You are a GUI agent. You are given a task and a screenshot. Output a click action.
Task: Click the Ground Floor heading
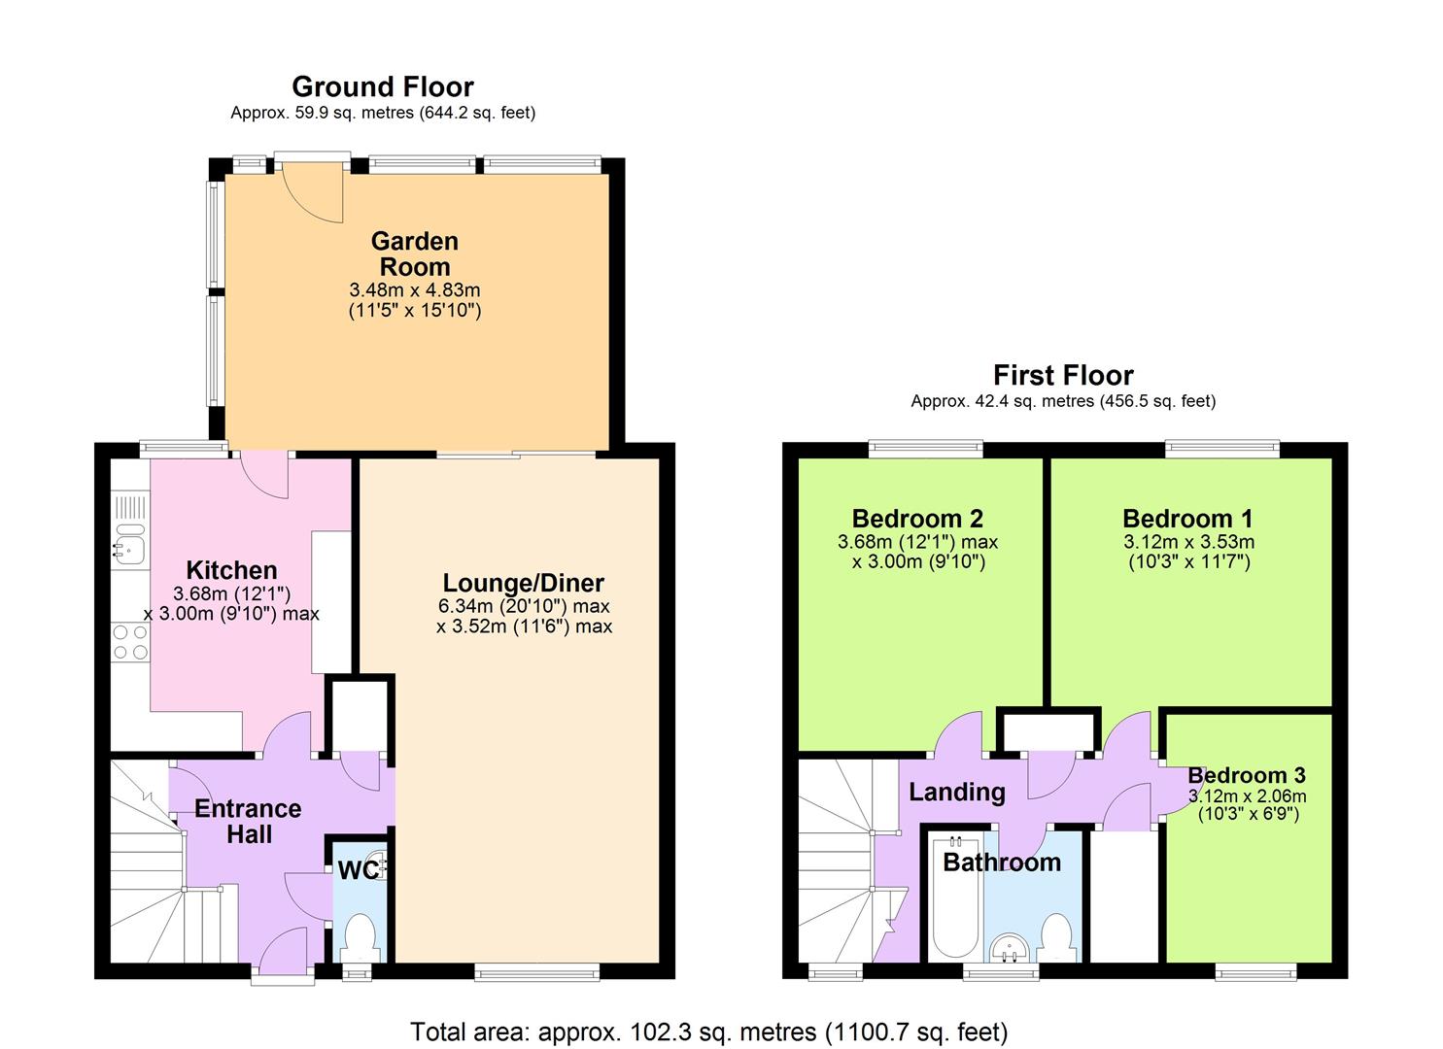coord(383,87)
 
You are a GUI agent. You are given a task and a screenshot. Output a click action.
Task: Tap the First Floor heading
coord(1063,376)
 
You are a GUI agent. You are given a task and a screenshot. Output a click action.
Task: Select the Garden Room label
coord(415,254)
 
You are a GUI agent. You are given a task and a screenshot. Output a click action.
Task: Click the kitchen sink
coord(128,546)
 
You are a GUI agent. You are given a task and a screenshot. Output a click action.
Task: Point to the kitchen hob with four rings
coord(130,642)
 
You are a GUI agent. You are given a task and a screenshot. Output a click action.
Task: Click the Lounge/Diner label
coord(523,583)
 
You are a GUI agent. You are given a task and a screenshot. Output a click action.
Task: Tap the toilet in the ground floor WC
coord(361,935)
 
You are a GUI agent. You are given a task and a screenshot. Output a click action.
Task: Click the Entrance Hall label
coord(248,821)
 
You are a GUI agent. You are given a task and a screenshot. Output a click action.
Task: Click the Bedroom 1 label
coord(1187,519)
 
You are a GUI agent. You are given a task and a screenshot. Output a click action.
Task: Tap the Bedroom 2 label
coord(917,519)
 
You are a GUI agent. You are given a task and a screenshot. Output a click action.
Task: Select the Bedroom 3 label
coord(1247,775)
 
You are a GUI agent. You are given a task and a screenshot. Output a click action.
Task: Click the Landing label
coord(956,792)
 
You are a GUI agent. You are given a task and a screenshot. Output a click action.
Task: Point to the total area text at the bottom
coord(708,1031)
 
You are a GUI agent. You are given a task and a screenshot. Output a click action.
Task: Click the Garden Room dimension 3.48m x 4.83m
coord(415,290)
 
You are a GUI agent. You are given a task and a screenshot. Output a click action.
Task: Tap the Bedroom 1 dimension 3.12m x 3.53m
coord(1188,542)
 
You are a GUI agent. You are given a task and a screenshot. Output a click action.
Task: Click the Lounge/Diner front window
coord(536,969)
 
